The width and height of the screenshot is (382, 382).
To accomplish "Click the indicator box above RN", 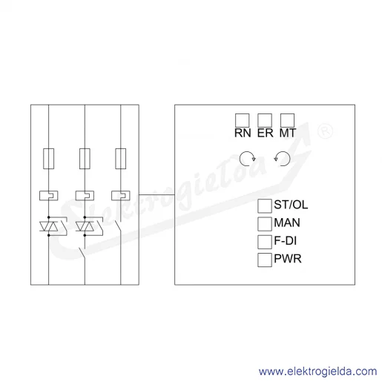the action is click(242, 120).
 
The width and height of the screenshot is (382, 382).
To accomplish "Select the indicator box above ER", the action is click(265, 120).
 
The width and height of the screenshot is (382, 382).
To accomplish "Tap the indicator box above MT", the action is click(287, 120).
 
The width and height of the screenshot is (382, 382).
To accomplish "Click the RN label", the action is click(243, 133).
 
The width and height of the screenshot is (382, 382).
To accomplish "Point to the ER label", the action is click(266, 133).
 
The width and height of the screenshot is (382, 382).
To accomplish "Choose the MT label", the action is click(288, 133).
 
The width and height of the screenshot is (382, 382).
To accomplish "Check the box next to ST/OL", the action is click(265, 206).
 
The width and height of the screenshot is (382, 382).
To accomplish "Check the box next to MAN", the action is click(265, 224).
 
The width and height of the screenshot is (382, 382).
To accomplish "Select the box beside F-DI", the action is click(265, 242).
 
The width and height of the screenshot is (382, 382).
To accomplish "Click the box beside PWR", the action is click(265, 260).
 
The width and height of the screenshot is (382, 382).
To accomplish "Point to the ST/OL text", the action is click(291, 205).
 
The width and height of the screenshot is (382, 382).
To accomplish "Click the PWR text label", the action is click(288, 259).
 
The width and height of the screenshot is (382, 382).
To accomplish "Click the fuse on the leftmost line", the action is click(49, 159).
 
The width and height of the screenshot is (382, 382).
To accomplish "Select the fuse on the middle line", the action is click(85, 159).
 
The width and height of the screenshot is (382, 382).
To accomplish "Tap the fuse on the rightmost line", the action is click(121, 159).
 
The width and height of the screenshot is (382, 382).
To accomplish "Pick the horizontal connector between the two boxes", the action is click(157, 194).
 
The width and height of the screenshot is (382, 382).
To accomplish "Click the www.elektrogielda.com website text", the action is click(318, 372).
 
